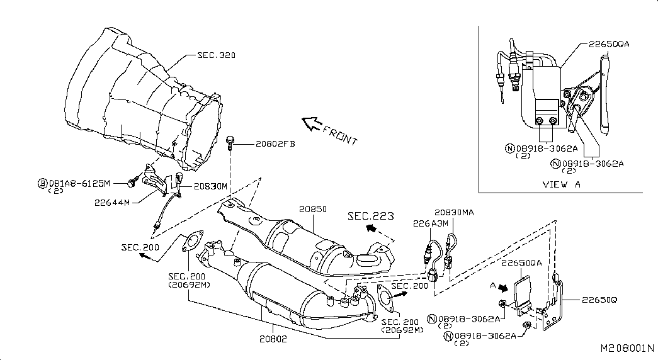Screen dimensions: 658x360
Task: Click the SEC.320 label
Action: pos(216,55)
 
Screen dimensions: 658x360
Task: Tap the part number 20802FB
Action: pos(275,144)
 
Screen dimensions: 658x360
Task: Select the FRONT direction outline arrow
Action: pos(312,123)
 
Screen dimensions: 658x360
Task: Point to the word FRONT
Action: pos(340,135)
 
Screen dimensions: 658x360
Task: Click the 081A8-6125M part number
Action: pos(80,183)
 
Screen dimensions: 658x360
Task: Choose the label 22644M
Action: pos(112,203)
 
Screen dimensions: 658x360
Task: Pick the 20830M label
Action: pos(210,186)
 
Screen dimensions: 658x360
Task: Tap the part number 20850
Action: pos(313,209)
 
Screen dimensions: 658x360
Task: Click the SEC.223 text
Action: pos(370,216)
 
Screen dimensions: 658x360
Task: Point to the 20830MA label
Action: pos(454,213)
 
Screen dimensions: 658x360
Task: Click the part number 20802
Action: pos(273,339)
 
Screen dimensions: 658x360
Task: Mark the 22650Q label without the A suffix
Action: pos(599,300)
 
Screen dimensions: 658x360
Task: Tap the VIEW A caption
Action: pos(562,184)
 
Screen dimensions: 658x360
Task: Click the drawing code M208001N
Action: pos(627,348)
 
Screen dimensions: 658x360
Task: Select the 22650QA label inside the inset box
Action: pos(609,44)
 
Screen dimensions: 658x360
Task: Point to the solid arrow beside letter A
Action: pos(502,288)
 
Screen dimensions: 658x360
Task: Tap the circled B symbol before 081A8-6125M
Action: pos(43,183)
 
